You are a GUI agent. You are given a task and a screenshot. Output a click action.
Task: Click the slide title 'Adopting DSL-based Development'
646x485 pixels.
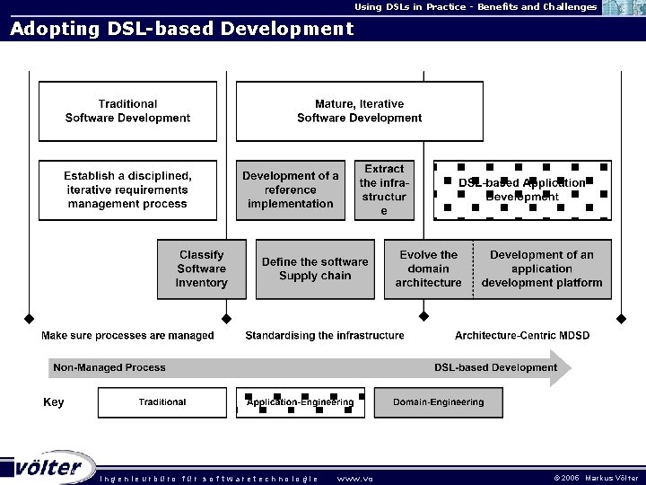(182, 29)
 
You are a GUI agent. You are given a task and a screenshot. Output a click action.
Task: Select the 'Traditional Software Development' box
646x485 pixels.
(127, 111)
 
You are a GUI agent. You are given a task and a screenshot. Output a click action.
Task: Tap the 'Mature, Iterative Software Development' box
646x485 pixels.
(359, 111)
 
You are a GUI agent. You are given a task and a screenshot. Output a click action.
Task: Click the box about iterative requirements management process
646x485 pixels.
(127, 190)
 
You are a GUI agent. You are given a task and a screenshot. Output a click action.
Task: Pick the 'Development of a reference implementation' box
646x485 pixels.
(291, 190)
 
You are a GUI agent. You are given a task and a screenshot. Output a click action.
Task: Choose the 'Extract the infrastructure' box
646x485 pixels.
(384, 190)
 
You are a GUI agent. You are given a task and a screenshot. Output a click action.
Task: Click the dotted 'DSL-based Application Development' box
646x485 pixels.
(521, 190)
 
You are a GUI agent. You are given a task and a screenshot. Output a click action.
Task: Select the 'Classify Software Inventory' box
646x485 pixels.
(202, 269)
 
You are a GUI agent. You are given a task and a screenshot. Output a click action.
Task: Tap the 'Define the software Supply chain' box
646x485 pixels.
(315, 269)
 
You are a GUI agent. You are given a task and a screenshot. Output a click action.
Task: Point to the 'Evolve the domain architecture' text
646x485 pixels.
(428, 269)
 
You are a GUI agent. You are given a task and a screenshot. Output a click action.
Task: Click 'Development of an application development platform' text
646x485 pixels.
(542, 269)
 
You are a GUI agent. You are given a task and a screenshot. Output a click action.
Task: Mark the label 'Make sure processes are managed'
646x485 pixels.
(127, 336)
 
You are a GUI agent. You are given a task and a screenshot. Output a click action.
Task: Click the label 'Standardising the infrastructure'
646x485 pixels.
(325, 336)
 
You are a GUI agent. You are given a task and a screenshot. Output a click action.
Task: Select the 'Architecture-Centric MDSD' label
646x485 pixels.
(522, 336)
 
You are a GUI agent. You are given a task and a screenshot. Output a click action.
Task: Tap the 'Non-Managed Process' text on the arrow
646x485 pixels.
(109, 367)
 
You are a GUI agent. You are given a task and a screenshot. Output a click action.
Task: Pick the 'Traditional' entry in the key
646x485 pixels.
(162, 402)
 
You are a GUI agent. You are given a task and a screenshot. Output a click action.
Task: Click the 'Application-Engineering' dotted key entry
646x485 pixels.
(301, 402)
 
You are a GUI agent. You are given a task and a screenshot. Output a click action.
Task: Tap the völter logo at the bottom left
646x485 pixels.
(49, 468)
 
